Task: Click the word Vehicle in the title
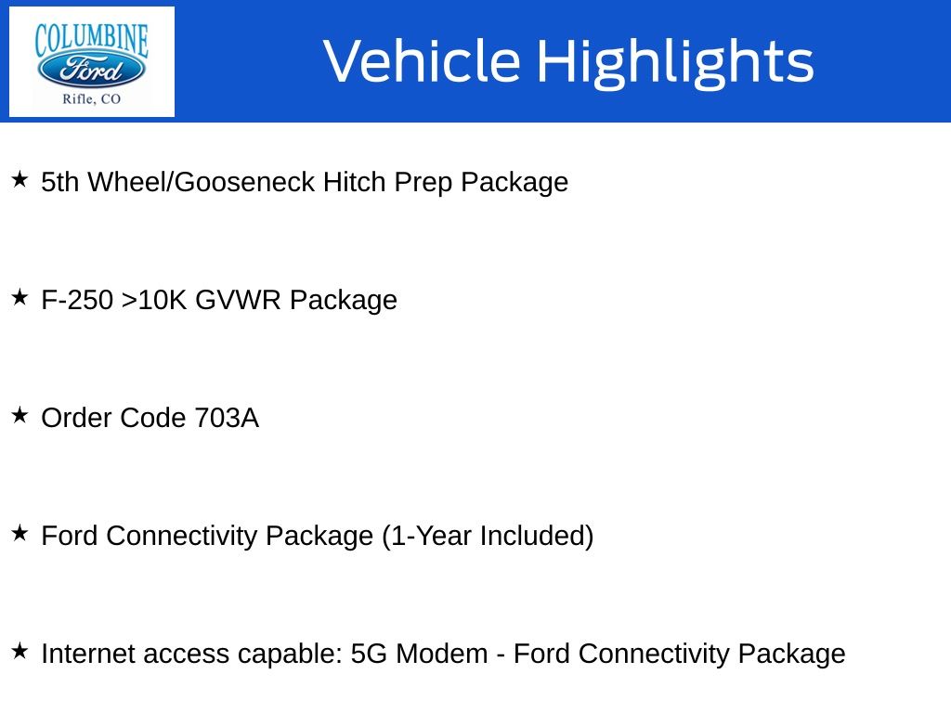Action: click(423, 60)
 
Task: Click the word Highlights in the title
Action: click(675, 63)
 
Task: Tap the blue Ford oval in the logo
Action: click(92, 69)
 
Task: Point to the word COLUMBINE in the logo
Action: click(92, 40)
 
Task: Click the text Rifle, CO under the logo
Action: click(92, 98)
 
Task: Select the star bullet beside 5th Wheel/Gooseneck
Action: click(20, 179)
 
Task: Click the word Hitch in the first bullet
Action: click(354, 182)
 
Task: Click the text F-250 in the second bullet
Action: click(77, 300)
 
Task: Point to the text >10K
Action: click(154, 300)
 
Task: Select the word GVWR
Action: click(238, 300)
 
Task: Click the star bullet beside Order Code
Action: click(20, 415)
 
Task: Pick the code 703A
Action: click(227, 419)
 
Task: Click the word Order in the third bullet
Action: click(76, 419)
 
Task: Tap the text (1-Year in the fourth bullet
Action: click(427, 537)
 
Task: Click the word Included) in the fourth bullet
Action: click(537, 537)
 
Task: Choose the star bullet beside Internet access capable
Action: click(20, 651)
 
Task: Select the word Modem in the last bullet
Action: click(441, 655)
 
